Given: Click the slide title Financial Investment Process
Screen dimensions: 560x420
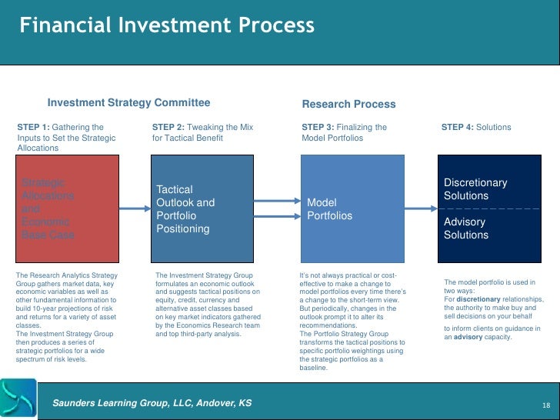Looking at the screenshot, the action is coord(167,25).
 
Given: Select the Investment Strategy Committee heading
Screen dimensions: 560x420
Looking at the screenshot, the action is coord(128,103).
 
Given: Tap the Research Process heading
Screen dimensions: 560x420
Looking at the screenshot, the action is coord(348,104).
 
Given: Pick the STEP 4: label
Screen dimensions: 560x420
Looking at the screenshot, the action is coord(458,127).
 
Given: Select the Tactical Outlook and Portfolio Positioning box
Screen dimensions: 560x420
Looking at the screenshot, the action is coord(203,208).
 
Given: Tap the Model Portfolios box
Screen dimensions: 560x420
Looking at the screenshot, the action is coord(352,208).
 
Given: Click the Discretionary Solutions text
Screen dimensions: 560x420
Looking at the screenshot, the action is coord(475,189).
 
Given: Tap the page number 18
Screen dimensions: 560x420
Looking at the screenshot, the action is coord(545,405).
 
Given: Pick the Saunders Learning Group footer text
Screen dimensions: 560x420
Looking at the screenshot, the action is coord(152,404).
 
